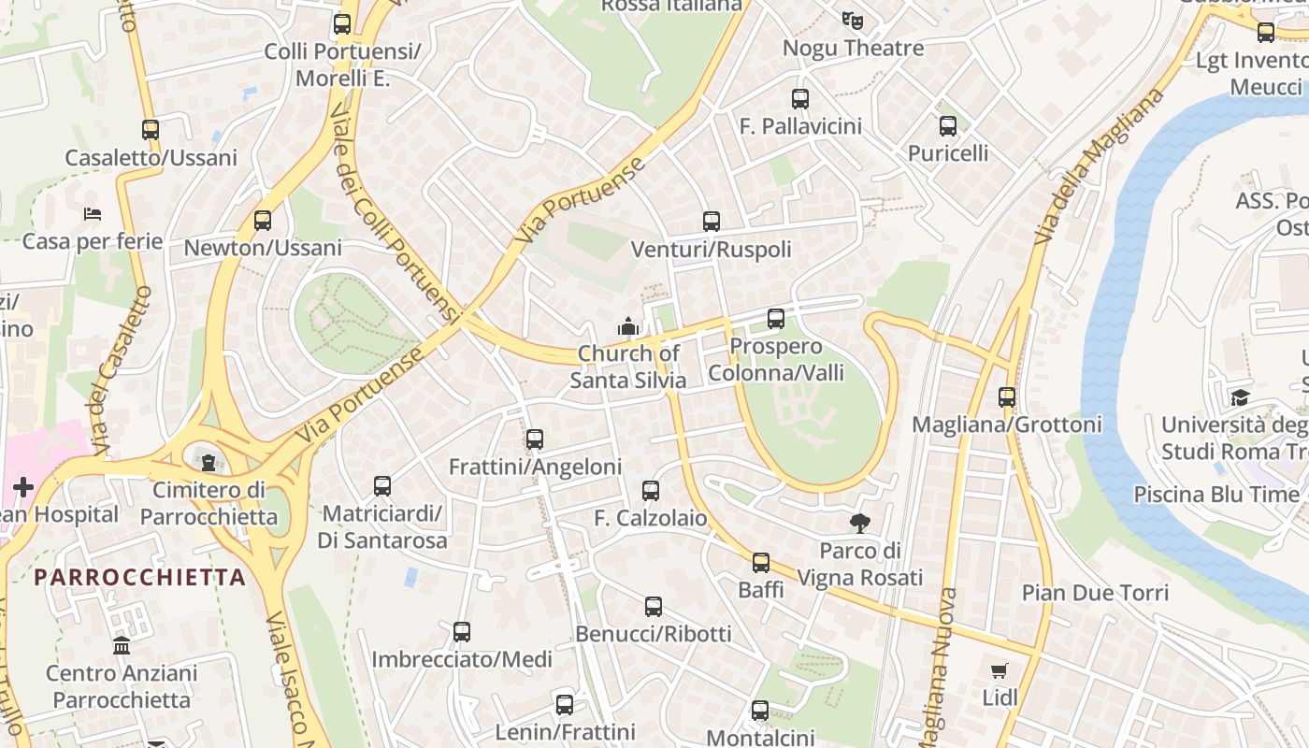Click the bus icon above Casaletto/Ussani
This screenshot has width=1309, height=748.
tap(151, 130)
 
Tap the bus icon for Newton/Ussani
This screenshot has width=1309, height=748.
tap(263, 221)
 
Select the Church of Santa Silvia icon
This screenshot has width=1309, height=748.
tap(628, 326)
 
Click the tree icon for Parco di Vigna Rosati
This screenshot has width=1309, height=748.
tap(860, 523)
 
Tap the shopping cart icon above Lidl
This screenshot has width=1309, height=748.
tap(1000, 670)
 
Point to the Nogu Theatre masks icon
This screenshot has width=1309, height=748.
tap(852, 20)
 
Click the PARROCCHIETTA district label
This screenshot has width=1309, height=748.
tap(140, 577)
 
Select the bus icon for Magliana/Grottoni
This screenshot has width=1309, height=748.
tap(1007, 397)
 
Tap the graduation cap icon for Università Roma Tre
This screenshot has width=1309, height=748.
tap(1240, 397)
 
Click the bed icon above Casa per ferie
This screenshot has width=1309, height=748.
tap(92, 214)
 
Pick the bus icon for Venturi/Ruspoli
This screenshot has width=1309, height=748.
tap(712, 222)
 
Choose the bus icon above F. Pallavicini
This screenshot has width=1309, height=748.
tap(800, 98)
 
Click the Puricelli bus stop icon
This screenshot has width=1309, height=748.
tap(948, 125)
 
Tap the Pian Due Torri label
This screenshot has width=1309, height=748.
tap(1095, 593)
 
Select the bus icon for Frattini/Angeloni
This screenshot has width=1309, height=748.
tap(535, 439)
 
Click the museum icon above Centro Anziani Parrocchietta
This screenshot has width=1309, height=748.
tap(122, 645)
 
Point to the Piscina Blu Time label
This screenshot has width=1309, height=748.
tap(1215, 494)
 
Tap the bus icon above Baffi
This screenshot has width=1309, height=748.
tap(761, 563)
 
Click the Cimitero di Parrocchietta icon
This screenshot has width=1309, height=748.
tap(208, 461)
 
